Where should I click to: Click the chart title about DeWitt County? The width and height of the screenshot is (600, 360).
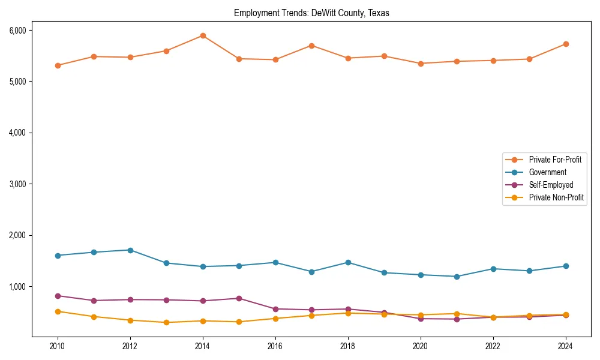311,13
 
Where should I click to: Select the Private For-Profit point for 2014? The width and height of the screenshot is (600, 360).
203,35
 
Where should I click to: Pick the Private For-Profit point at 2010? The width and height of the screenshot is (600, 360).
58,65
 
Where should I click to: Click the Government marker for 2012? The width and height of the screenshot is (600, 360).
130,250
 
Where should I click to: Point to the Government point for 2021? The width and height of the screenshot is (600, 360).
457,277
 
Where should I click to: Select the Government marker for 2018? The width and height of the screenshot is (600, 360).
348,262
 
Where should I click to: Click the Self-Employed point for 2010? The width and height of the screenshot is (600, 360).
58,296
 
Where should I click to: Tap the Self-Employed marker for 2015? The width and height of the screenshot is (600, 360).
239,298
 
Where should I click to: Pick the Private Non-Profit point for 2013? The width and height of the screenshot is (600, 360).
166,322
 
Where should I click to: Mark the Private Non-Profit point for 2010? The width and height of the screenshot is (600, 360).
58,311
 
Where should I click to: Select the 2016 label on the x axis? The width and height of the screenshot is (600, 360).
275,346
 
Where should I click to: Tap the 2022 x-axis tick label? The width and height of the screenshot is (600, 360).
493,346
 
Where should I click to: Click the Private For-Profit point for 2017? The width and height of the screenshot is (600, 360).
311,46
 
